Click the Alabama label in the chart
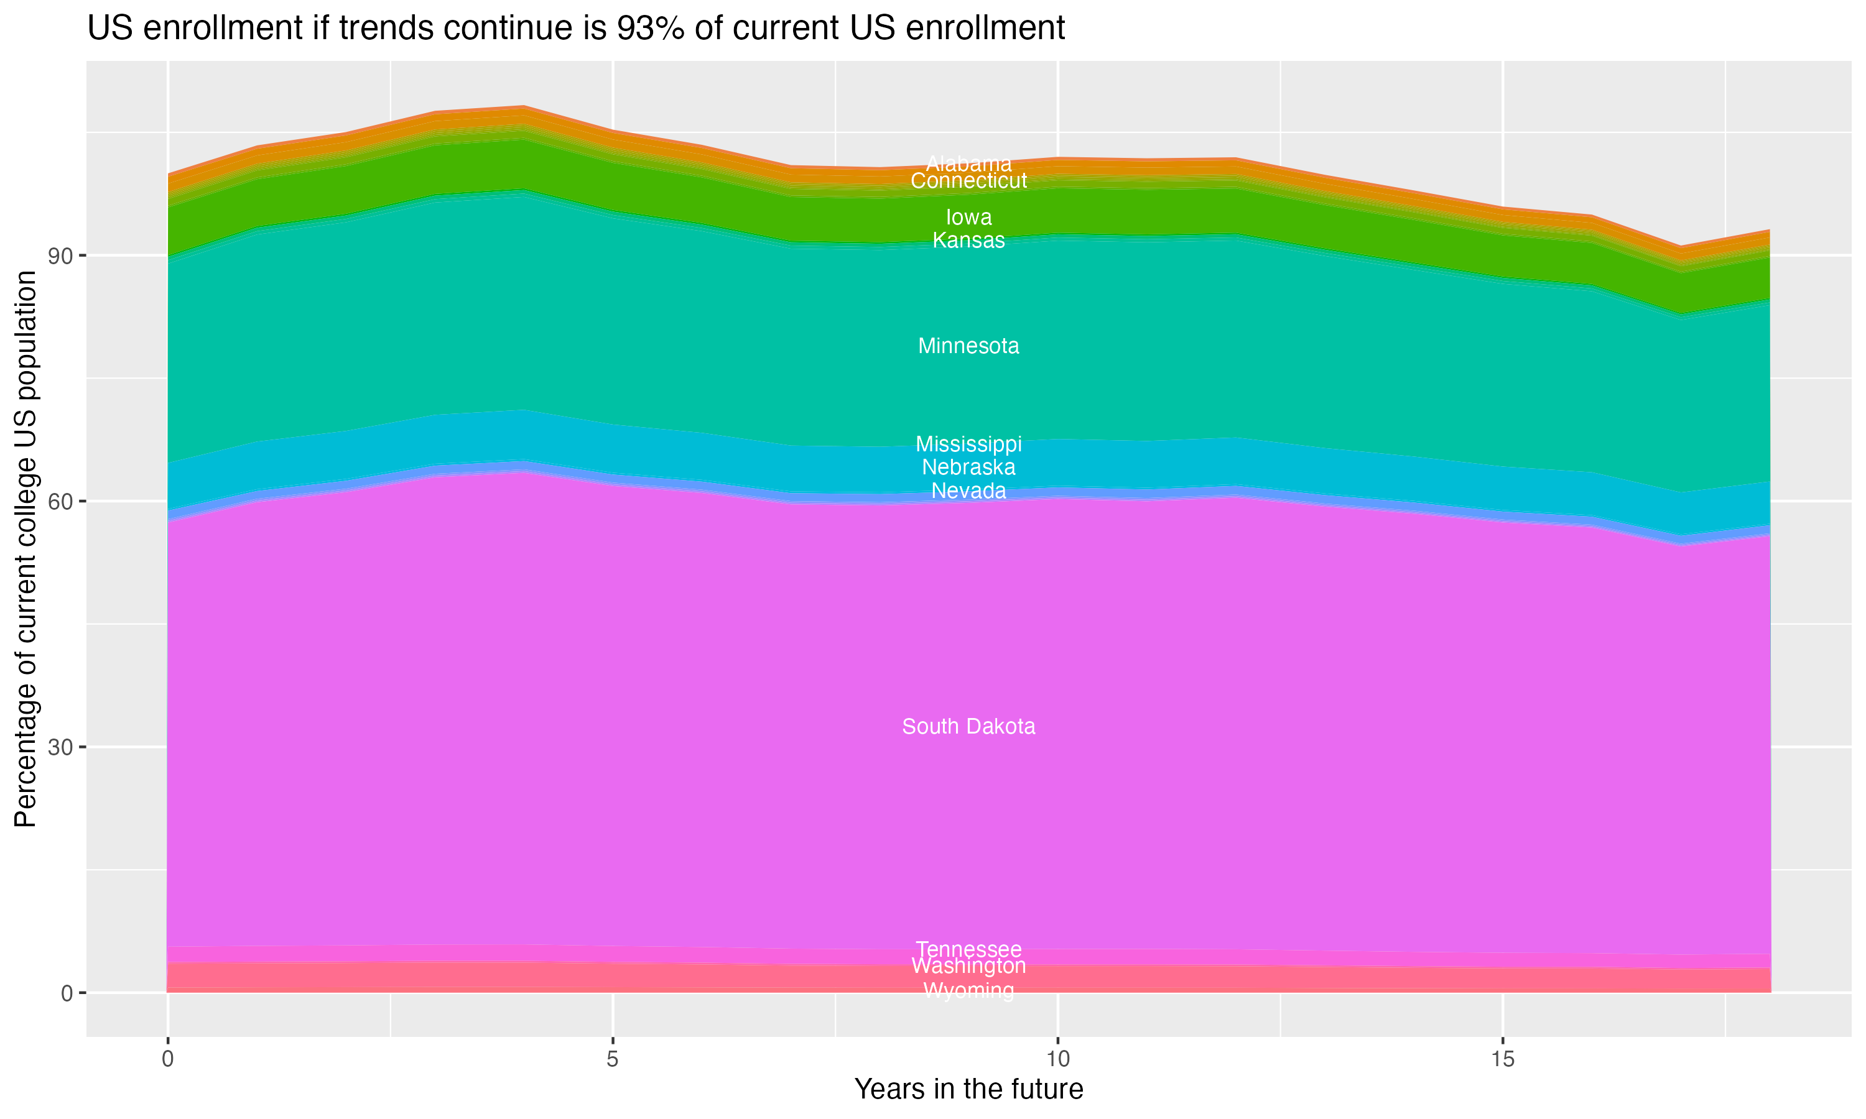(x=968, y=163)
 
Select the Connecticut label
(x=968, y=181)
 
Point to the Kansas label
(x=968, y=241)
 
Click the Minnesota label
(x=968, y=346)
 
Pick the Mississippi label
(x=968, y=444)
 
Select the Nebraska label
(x=968, y=467)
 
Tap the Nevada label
(x=968, y=491)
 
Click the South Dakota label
(x=968, y=727)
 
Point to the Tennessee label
(x=968, y=949)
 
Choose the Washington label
(x=968, y=966)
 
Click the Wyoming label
(x=968, y=991)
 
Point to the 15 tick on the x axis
(x=1503, y=1059)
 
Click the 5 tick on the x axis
(x=613, y=1059)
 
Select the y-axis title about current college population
(x=26, y=548)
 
